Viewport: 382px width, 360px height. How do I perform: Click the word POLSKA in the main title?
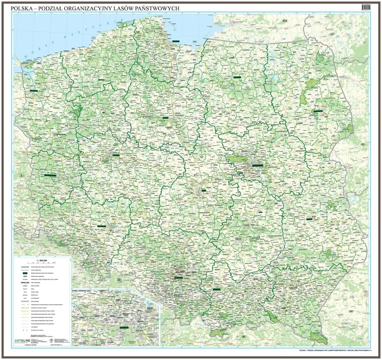(26, 8)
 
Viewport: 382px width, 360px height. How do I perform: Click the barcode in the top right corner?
(367, 6)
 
